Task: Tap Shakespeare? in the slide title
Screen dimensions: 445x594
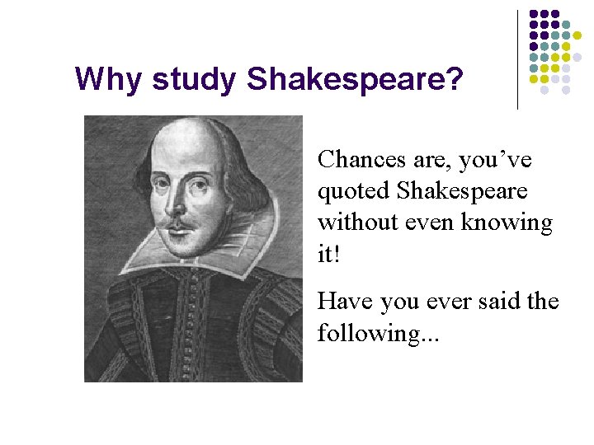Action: pos(355,80)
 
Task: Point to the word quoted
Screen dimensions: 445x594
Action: pos(353,191)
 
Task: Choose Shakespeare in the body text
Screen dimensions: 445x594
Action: pos(462,190)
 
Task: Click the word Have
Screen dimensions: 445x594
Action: pos(346,302)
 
